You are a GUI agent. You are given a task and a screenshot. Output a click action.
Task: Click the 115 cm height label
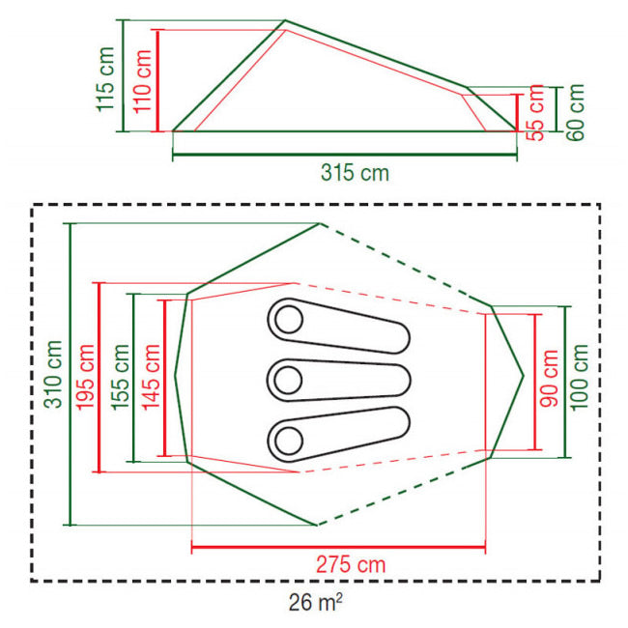105,79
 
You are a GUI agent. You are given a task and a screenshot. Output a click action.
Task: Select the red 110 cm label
142,82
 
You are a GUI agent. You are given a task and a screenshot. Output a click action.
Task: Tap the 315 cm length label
355,173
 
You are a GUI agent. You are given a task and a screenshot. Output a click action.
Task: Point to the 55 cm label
535,112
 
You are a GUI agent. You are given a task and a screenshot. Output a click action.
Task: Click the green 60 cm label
575,112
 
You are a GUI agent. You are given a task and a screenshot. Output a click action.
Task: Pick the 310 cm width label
53,374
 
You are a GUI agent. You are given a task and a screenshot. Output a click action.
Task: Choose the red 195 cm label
85,377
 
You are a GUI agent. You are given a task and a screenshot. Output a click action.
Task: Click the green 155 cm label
120,377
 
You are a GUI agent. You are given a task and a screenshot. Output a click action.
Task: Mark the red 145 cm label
152,377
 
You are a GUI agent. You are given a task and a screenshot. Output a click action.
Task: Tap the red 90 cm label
549,379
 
